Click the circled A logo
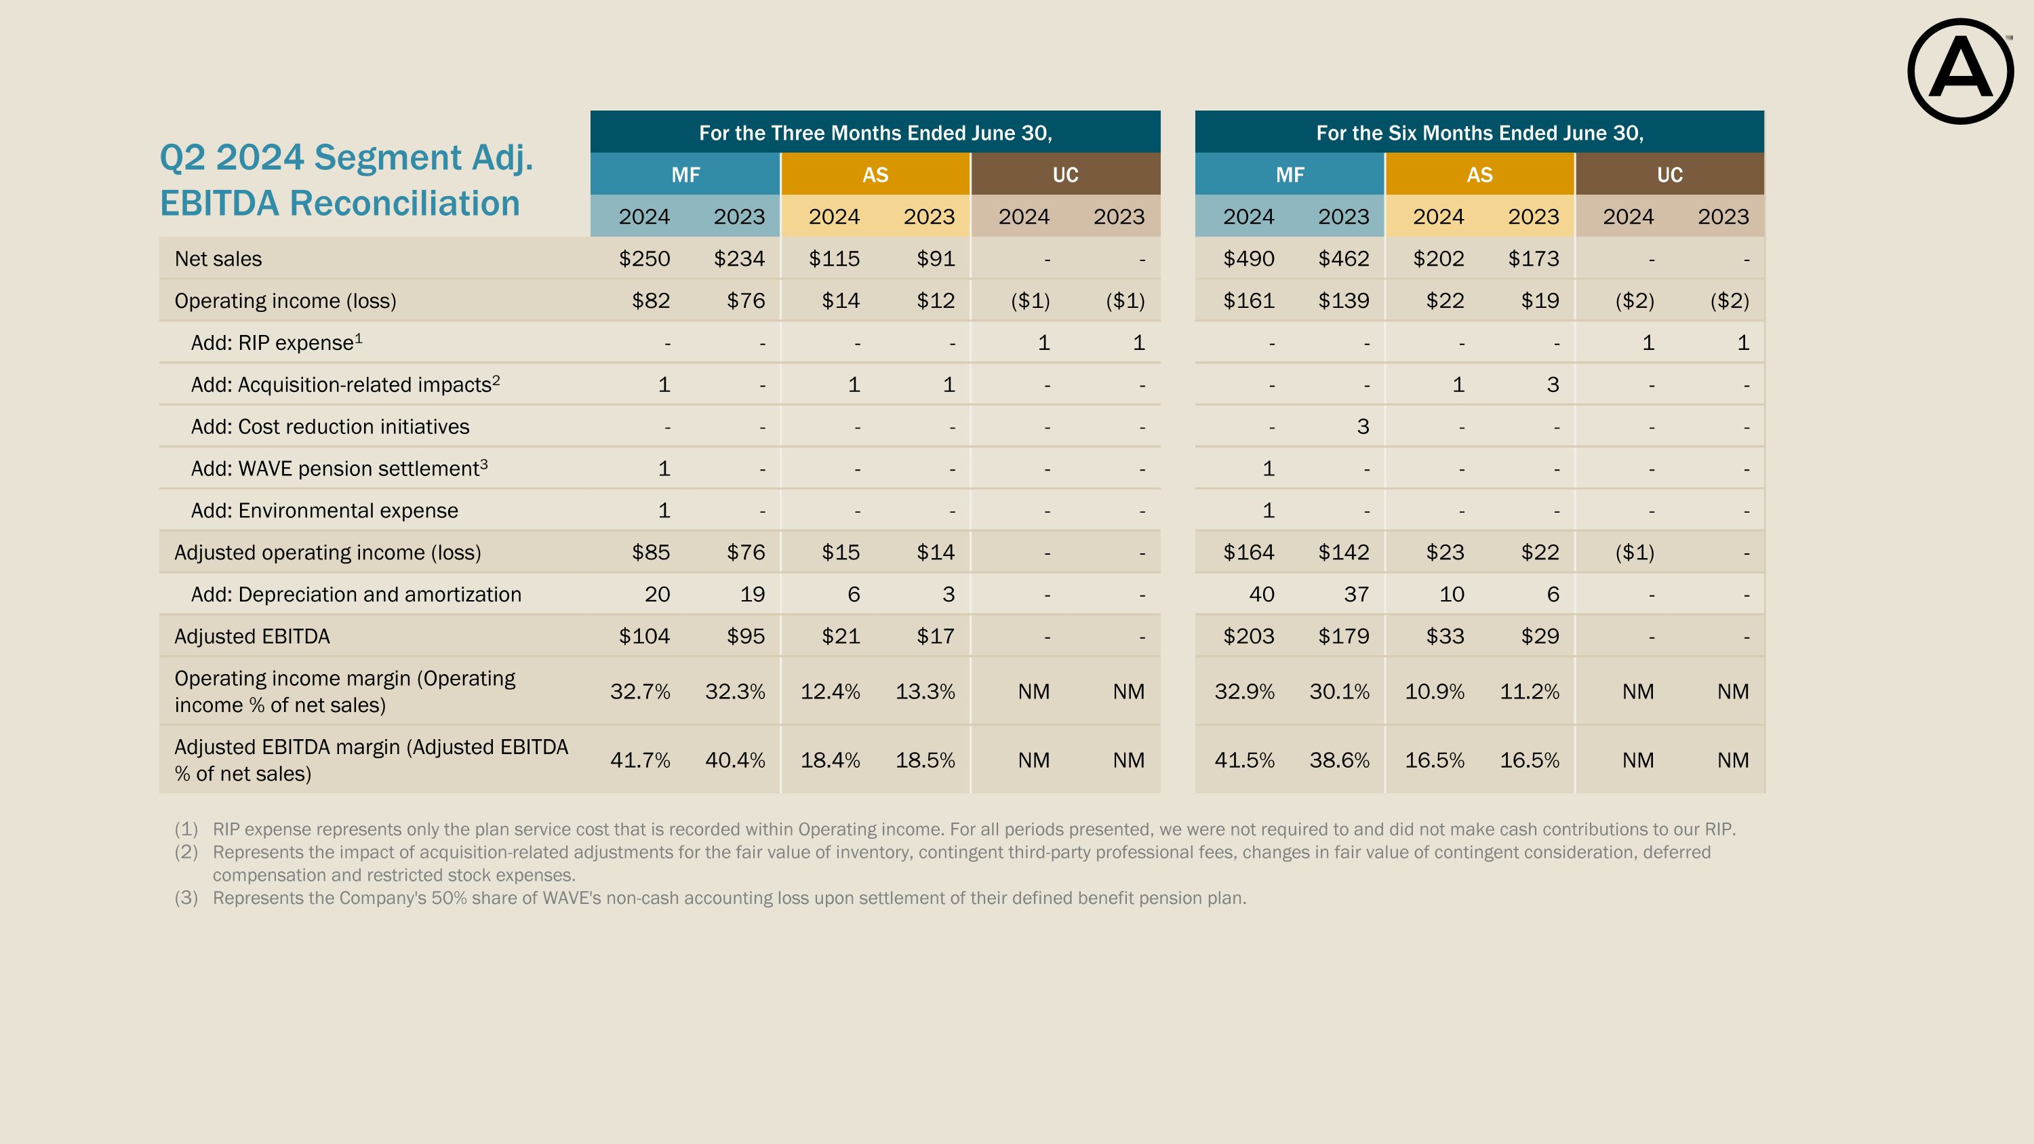(1960, 71)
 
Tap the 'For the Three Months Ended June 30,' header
(875, 133)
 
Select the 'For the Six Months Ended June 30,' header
(1479, 133)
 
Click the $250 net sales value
(644, 259)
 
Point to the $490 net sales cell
(1248, 259)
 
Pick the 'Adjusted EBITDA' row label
(252, 636)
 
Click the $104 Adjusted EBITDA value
(644, 636)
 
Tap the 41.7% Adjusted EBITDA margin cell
(639, 760)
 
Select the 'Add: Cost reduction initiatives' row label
(330, 427)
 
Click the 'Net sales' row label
(218, 259)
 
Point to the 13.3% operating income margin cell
(925, 692)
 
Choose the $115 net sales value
(834, 259)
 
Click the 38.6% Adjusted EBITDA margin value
(1339, 760)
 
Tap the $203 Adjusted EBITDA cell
(1248, 636)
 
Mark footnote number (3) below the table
(186, 899)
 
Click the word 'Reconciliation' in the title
(405, 203)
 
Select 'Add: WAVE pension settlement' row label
(339, 469)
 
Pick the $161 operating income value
(1248, 301)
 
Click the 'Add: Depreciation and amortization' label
(356, 595)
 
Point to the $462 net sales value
(1343, 259)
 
